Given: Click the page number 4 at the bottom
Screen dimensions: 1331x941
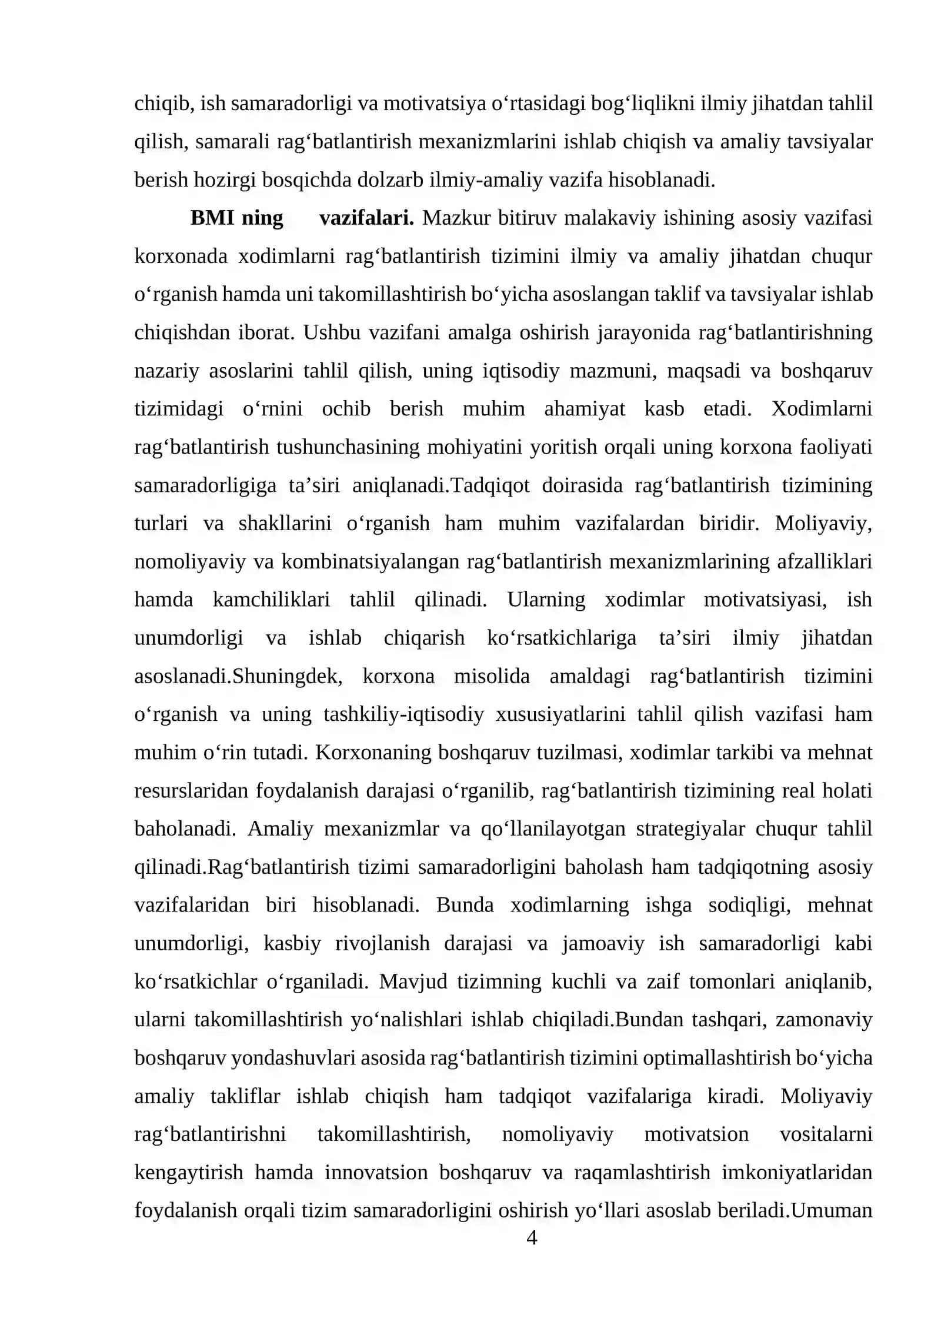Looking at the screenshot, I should pyautogui.click(x=531, y=1237).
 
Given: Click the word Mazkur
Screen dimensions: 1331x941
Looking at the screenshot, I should pyautogui.click(x=456, y=218).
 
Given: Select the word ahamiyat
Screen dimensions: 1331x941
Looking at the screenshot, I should pyautogui.click(x=585, y=408).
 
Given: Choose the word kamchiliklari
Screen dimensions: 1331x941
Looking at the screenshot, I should pyautogui.click(x=271, y=600).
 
